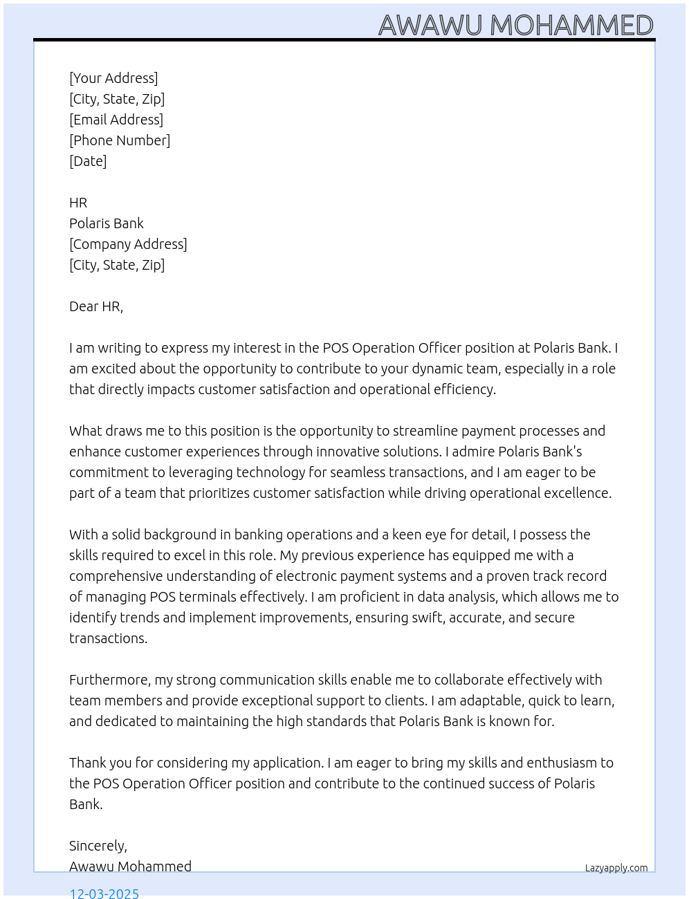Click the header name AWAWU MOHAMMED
pos(515,26)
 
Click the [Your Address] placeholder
pos(113,78)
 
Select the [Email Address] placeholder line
pos(116,120)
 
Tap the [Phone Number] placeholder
pos(120,140)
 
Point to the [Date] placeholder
pos(88,161)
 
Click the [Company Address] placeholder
pos(128,244)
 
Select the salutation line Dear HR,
pos(96,306)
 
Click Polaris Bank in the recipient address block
pos(107,223)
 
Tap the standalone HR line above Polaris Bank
pos(78,203)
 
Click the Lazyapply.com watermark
pos(616,868)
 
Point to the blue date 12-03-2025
pos(104,893)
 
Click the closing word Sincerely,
pos(98,846)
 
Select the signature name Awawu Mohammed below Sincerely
pos(130,866)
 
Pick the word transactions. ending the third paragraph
pos(108,638)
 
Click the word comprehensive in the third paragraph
pos(116,576)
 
